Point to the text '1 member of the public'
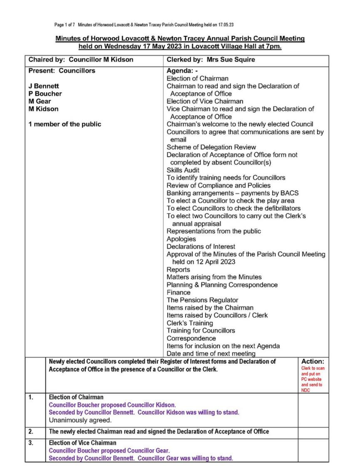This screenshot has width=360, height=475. [x=65, y=124]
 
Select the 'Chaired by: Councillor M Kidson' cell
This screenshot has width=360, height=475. [x=81, y=59]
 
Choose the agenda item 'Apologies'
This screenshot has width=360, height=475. [x=181, y=239]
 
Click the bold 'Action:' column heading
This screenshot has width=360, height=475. [x=312, y=362]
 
